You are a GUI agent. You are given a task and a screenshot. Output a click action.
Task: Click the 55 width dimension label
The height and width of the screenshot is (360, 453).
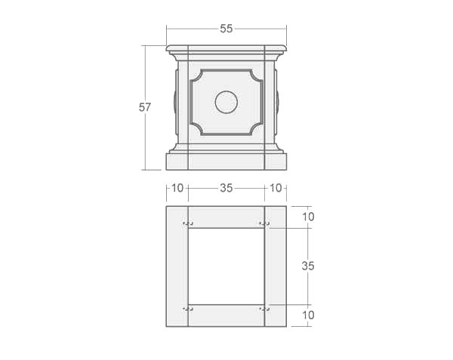[226, 29]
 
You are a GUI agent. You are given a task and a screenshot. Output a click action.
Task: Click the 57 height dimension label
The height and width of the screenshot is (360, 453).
[145, 107]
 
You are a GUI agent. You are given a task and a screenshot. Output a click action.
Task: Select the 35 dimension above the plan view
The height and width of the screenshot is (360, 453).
[226, 188]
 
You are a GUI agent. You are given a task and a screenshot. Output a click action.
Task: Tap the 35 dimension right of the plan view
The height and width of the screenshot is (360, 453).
[307, 266]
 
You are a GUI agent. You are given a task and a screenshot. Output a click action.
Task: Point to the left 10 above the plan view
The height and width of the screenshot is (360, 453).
[177, 188]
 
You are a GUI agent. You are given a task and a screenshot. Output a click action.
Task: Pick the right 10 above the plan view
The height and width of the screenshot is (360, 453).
[276, 188]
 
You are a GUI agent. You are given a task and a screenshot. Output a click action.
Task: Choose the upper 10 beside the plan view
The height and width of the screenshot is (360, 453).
[307, 217]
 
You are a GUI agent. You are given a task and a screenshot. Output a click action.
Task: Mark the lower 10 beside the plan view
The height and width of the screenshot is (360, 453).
[307, 314]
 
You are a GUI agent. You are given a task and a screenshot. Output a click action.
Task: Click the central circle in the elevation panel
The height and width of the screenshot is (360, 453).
[226, 102]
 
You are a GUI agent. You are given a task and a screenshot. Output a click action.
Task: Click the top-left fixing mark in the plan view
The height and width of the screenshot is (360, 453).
[188, 223]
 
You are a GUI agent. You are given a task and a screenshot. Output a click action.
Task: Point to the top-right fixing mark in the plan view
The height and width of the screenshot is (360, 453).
[264, 223]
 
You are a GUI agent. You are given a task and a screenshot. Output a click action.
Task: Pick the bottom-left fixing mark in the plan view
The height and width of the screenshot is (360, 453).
[188, 308]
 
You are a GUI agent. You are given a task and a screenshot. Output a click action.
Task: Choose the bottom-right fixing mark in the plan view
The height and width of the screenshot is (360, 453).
[264, 308]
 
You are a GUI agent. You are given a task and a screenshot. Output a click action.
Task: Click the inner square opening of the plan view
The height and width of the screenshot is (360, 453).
[226, 266]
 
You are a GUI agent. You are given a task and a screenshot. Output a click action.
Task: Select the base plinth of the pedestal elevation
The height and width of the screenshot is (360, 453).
[226, 162]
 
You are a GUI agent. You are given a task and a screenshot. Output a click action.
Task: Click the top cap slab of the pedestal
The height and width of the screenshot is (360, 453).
[226, 49]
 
